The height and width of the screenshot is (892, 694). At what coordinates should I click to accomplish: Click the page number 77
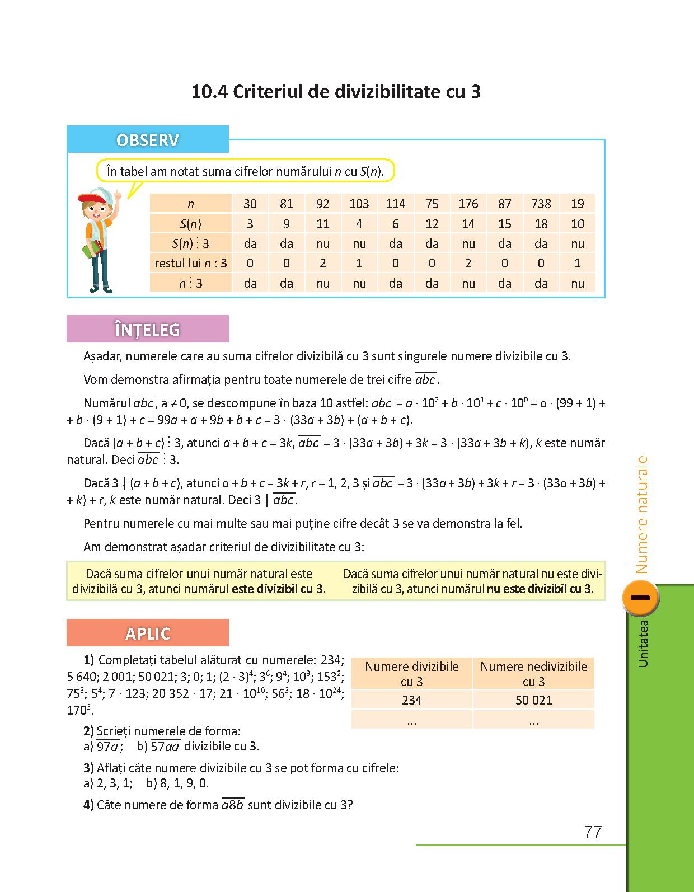(x=593, y=832)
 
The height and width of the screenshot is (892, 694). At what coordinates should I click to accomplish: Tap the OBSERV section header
(x=148, y=139)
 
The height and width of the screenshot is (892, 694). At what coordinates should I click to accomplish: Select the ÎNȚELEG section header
(x=148, y=329)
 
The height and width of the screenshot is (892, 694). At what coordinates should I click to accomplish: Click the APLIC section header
(x=148, y=633)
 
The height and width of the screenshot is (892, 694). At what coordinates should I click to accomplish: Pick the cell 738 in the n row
(x=541, y=204)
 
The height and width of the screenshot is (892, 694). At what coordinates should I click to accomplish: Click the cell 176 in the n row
(x=468, y=204)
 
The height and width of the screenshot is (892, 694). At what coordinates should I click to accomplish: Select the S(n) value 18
(x=541, y=224)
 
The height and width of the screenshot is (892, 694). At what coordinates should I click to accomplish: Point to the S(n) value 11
(x=323, y=224)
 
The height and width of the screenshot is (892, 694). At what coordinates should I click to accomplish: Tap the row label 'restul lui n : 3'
(x=191, y=263)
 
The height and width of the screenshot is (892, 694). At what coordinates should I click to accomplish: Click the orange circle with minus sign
(x=640, y=598)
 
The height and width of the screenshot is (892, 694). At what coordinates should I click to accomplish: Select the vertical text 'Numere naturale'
(x=642, y=515)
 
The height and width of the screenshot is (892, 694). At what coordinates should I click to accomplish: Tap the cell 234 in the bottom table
(x=412, y=700)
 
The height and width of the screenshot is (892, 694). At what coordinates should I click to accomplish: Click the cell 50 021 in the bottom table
(x=533, y=700)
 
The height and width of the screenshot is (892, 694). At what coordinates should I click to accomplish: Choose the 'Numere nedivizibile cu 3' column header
(x=533, y=674)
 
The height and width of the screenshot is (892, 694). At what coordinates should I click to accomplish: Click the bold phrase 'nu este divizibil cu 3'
(x=539, y=589)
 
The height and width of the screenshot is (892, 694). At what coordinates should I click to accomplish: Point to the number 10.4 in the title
(x=208, y=92)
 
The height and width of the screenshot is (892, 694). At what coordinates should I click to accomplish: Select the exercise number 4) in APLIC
(x=88, y=805)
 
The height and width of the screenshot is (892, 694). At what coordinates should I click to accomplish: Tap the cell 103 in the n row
(x=359, y=204)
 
